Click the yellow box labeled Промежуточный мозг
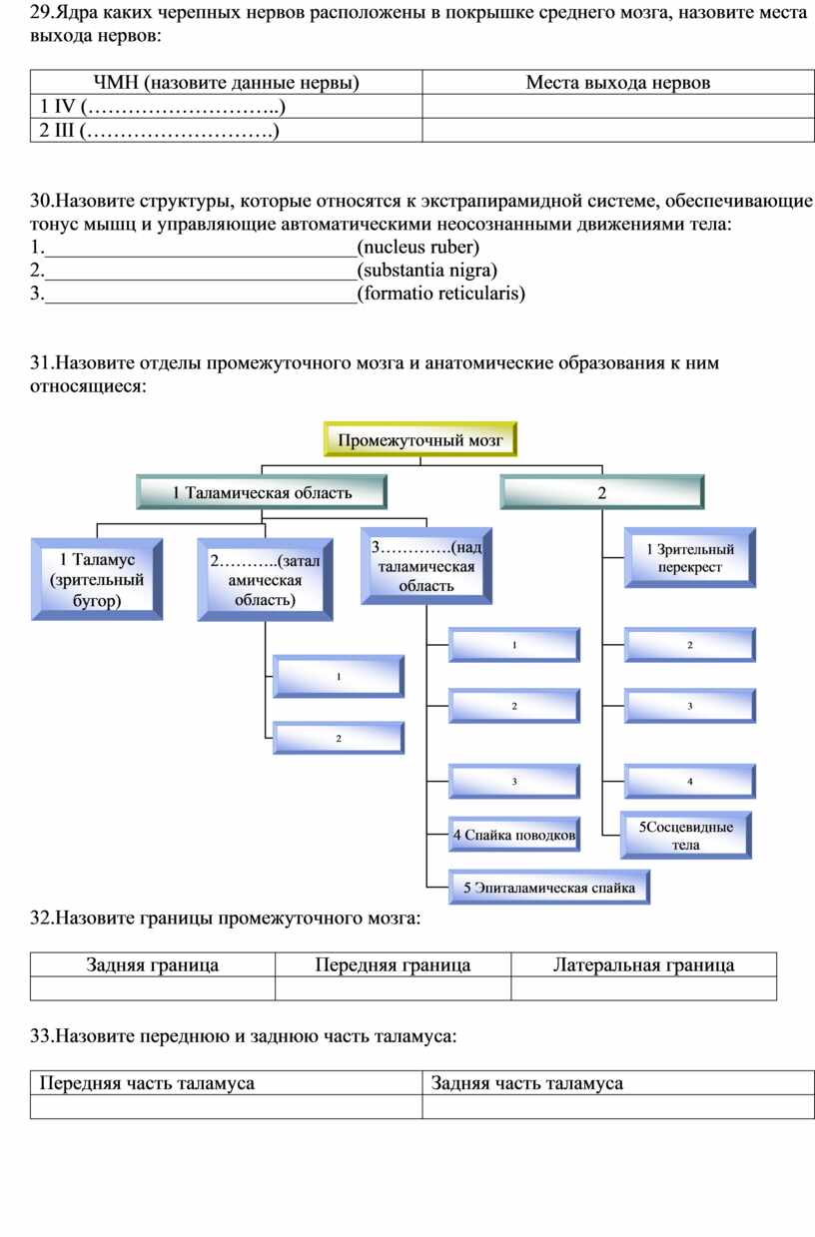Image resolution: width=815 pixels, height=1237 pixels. (419, 439)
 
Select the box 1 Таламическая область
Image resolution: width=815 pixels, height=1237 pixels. (262, 492)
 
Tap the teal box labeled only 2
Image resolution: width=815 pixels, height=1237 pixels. (601, 492)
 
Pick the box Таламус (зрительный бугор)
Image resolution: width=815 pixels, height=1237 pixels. (97, 579)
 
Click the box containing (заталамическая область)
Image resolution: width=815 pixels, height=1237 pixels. (265, 580)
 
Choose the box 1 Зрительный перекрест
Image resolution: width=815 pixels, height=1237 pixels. (690, 558)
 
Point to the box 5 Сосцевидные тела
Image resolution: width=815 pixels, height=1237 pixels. (686, 835)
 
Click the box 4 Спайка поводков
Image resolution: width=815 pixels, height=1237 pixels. (513, 835)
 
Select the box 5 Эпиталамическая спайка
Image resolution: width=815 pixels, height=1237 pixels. (548, 888)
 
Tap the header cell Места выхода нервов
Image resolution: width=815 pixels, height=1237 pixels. (618, 82)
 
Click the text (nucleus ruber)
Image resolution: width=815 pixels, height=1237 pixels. (418, 247)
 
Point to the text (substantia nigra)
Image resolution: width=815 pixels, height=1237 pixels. (427, 270)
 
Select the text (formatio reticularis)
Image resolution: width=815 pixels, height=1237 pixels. (440, 294)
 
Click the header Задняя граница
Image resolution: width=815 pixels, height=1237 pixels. (153, 964)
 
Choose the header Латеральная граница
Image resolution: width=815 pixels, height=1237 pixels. (644, 964)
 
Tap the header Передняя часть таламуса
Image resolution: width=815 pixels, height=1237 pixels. (147, 1083)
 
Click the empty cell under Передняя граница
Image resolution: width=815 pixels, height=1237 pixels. (393, 988)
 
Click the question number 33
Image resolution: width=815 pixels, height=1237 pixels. (42, 1035)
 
